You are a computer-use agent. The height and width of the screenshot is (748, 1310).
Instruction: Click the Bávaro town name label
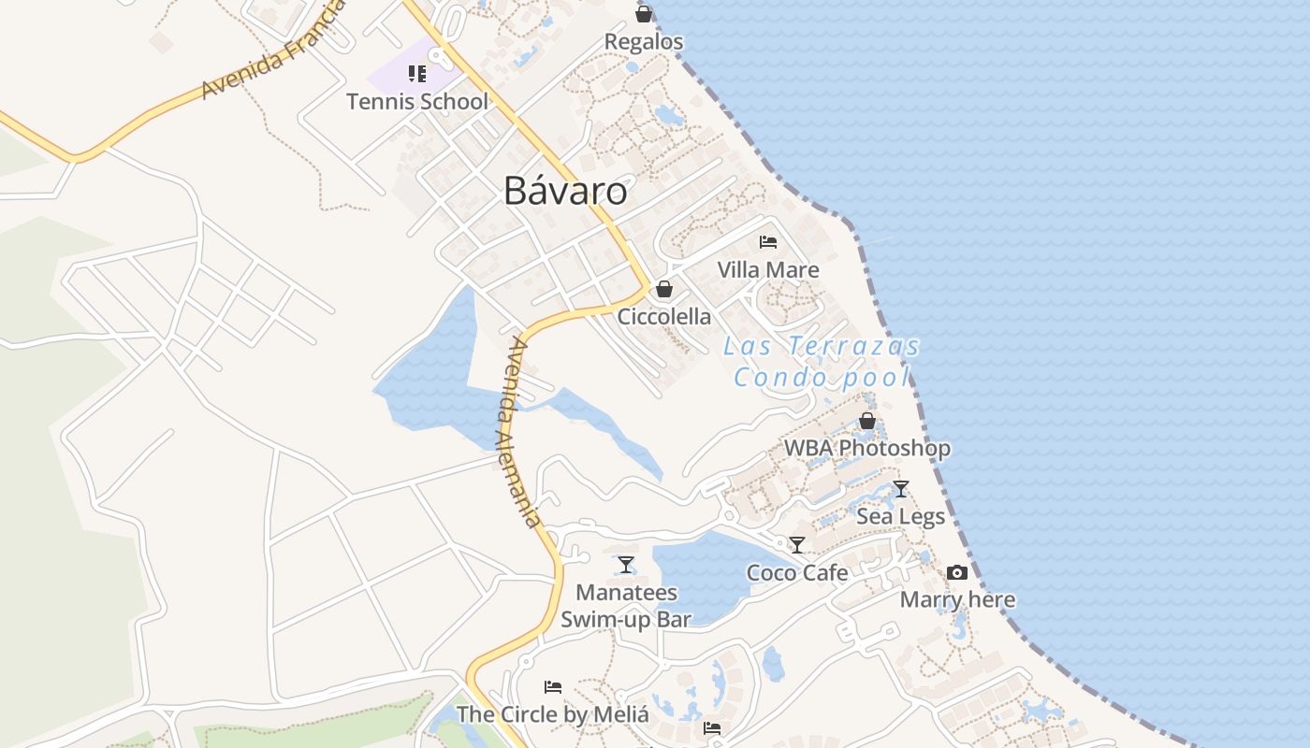pyautogui.click(x=565, y=191)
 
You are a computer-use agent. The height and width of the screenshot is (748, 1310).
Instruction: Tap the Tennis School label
pyautogui.click(x=417, y=101)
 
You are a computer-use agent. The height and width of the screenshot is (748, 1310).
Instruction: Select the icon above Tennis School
pyautogui.click(x=417, y=74)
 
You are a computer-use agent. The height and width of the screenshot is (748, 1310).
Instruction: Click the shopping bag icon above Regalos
pyautogui.click(x=644, y=14)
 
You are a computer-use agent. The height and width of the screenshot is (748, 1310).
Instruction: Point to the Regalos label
pyautogui.click(x=644, y=42)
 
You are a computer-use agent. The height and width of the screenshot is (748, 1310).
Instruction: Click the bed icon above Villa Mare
pyautogui.click(x=768, y=242)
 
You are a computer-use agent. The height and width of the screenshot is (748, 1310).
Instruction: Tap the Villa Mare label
pyautogui.click(x=768, y=270)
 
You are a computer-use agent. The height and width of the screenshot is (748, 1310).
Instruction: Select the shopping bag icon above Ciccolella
pyautogui.click(x=664, y=289)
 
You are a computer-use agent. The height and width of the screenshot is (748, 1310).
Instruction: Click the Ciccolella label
pyautogui.click(x=664, y=317)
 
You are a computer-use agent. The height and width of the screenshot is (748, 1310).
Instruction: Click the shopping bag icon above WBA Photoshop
pyautogui.click(x=867, y=421)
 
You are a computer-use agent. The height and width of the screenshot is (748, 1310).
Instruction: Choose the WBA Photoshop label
pyautogui.click(x=866, y=449)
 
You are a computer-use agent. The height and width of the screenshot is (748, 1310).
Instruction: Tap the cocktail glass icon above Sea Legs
pyautogui.click(x=901, y=488)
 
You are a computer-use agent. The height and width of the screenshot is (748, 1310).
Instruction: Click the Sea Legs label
pyautogui.click(x=901, y=516)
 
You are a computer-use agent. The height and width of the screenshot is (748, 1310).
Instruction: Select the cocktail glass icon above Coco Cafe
pyautogui.click(x=797, y=544)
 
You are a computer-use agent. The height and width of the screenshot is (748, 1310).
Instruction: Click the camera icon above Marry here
pyautogui.click(x=957, y=572)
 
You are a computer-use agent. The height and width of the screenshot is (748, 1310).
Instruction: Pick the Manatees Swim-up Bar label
pyautogui.click(x=626, y=606)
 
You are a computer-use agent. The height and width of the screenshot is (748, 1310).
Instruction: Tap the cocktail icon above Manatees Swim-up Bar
pyautogui.click(x=626, y=564)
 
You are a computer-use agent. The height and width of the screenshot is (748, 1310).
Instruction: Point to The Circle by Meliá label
pyautogui.click(x=553, y=715)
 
